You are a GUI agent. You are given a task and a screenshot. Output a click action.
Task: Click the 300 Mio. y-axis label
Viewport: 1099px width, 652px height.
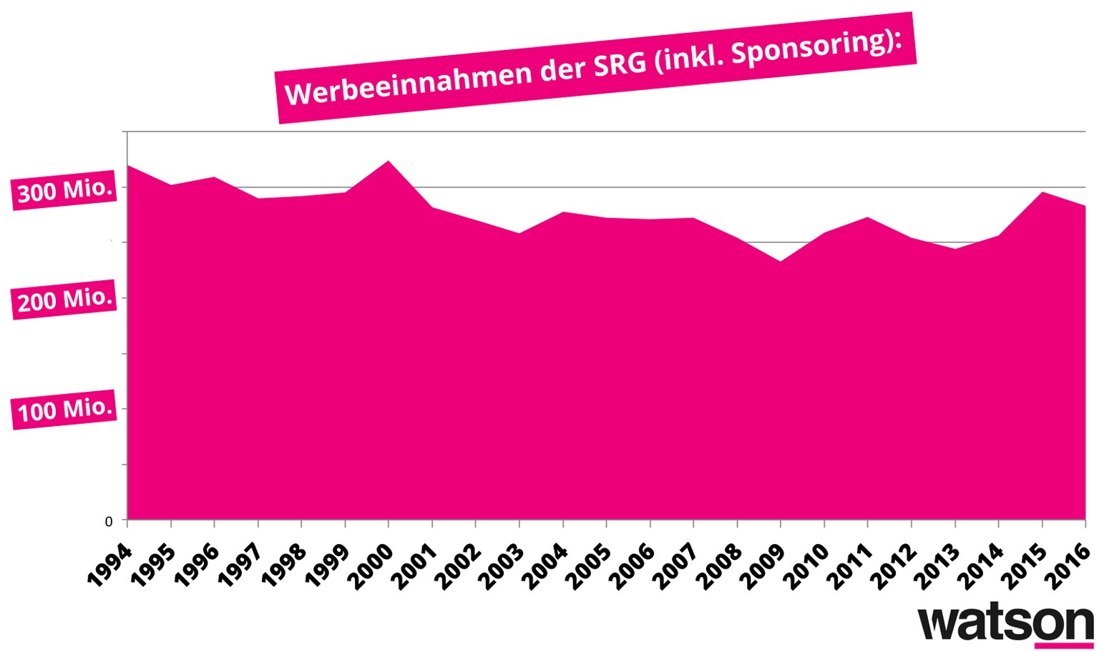[65, 191]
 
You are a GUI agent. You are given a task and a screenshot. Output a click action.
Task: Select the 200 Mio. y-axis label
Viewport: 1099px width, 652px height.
[65, 300]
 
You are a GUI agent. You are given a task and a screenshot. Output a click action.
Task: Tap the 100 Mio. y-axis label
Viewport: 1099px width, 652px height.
[65, 410]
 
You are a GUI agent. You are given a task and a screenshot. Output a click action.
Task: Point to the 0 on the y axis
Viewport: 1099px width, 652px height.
[109, 522]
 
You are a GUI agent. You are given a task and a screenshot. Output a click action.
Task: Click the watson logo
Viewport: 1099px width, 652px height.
[1005, 623]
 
